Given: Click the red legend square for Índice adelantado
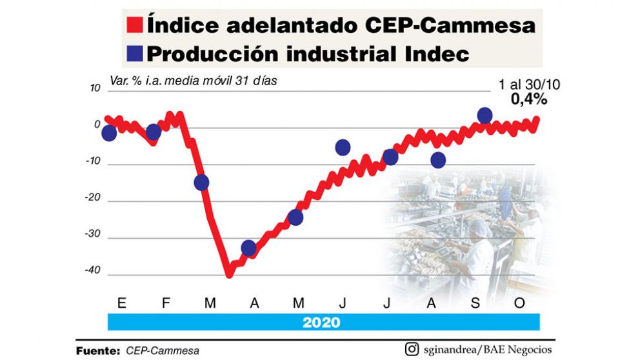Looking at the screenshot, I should coord(135,26).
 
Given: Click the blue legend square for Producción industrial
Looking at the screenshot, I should coord(135,54).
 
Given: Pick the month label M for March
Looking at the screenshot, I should coord(210,303).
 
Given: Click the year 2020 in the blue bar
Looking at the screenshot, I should coord(323,321).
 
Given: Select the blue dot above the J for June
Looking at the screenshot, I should coord(343,148).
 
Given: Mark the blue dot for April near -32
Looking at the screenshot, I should coord(248,248).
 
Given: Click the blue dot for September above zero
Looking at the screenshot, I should coord(485,115).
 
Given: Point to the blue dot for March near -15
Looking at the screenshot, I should coord(201,183).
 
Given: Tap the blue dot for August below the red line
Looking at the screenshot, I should coord(438,160).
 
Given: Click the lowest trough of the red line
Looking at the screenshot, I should coord(228,274).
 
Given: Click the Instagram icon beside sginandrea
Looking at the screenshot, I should coord(411,350).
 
